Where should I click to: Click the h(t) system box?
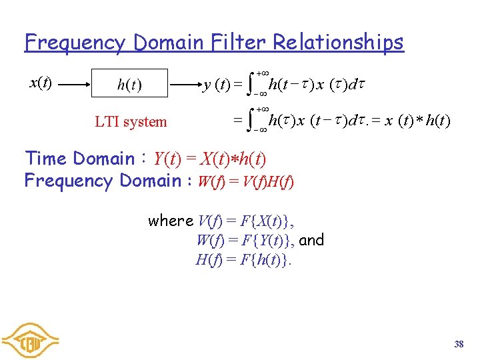(129, 85)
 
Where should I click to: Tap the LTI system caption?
(131, 121)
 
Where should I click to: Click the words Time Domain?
(79, 159)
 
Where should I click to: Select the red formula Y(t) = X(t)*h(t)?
(209, 159)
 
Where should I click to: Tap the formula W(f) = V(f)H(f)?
(246, 181)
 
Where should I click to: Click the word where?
(171, 221)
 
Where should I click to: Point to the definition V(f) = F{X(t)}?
(247, 221)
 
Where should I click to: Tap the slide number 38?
(459, 344)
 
